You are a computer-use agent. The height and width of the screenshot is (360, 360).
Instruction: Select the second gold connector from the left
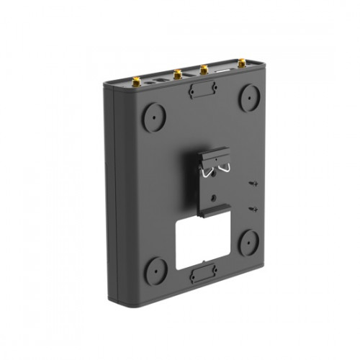click(176, 73)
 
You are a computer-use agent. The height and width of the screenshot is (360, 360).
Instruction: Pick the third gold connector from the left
click(204, 70)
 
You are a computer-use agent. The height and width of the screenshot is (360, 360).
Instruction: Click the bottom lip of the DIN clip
click(215, 210)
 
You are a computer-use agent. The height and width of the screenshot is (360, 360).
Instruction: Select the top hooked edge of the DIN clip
click(215, 154)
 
